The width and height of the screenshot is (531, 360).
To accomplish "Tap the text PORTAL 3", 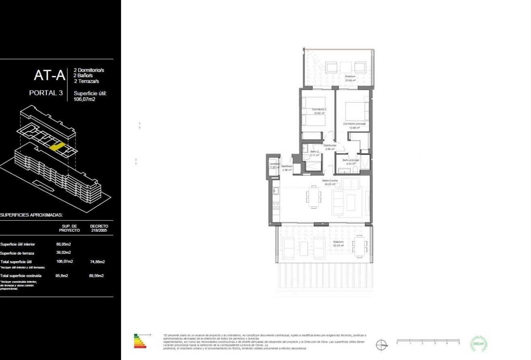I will tap(46, 93).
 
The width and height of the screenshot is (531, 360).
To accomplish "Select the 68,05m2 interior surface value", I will tap(64, 244).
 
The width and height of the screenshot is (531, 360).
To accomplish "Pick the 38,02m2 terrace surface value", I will tap(64, 253).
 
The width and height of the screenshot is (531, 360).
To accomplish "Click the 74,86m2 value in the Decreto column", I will tap(97, 261).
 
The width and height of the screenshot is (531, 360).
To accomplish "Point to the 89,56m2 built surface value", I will tap(97, 276).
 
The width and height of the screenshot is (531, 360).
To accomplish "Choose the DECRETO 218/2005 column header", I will tap(99, 228).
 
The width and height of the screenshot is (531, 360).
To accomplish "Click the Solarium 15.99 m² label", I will tap(350, 78).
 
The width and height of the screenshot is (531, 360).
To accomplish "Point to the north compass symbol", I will tap(382, 345).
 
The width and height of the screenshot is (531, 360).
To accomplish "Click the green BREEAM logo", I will tap(479, 344).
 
